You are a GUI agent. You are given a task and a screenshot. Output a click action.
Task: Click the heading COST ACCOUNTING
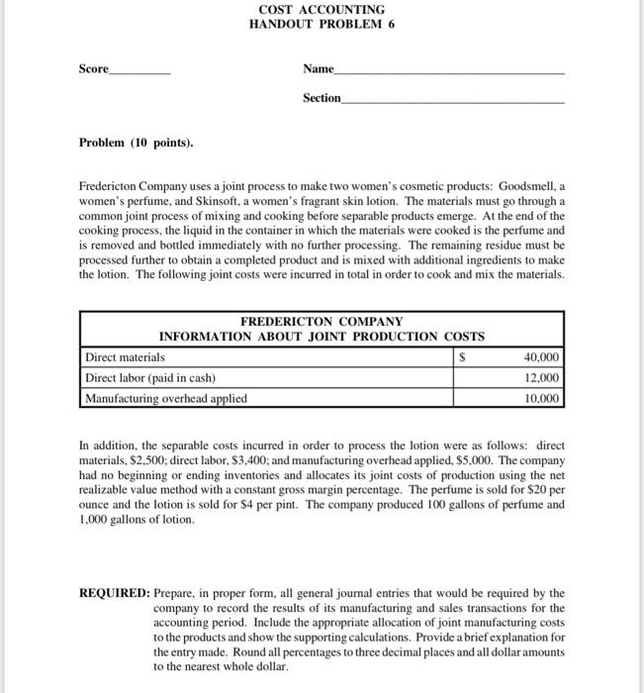pos(322,9)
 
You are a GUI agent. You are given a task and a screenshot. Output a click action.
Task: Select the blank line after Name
pos(450,73)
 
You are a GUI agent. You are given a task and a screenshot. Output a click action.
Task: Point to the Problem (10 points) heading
pos(137,143)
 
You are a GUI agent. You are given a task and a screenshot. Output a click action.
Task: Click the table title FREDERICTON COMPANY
pos(322,322)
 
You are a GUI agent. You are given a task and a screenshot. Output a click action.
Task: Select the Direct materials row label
pos(126,357)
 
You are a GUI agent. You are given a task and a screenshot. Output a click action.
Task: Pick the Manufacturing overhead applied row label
pos(166,399)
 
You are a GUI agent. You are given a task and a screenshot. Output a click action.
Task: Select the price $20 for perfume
pos(532,489)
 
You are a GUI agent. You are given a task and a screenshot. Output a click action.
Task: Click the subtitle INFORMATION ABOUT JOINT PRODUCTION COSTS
pos(322,337)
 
